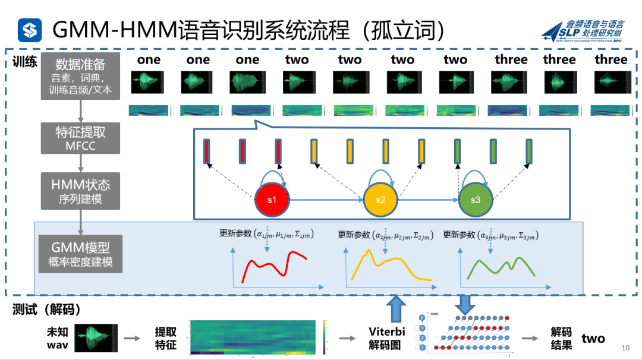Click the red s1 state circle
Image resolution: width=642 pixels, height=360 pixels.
coord(272,200)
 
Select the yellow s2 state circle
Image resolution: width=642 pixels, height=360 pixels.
coord(380,200)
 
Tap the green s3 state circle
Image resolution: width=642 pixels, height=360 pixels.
coord(476,200)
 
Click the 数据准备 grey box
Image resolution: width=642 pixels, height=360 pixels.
coord(80,77)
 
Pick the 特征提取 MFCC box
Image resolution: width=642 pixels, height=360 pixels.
coord(80,138)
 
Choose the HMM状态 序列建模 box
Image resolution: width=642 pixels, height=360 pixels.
coord(80,191)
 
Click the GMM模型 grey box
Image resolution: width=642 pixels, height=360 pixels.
coord(80,254)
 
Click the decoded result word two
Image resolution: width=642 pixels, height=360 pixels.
coord(593,339)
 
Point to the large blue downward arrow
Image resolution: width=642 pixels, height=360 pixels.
coord(465,304)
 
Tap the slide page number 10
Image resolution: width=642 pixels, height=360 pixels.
coord(625,348)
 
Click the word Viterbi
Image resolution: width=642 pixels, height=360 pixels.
coord(386,331)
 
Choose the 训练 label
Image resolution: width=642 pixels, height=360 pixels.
coord(25,61)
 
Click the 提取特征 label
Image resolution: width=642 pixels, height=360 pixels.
coord(166,338)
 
